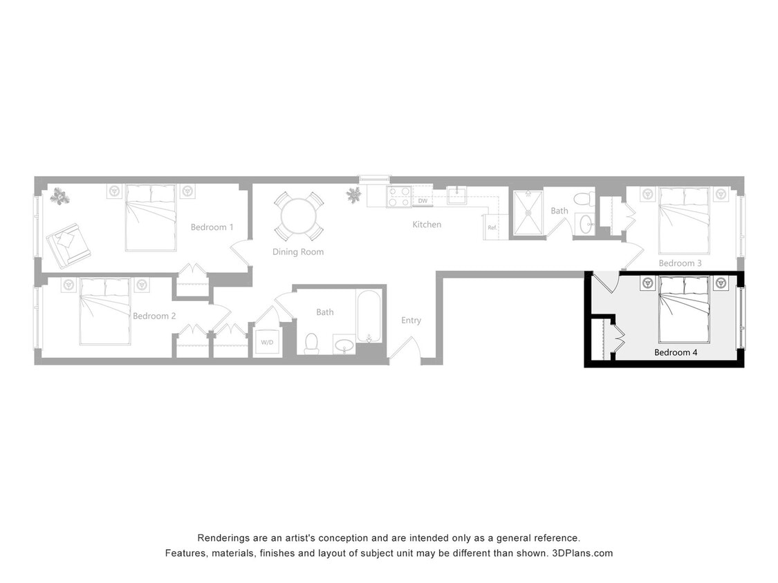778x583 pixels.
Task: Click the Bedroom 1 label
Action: click(212, 227)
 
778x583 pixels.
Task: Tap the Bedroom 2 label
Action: click(154, 316)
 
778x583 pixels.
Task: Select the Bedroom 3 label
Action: click(680, 263)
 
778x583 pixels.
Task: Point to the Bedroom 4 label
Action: click(676, 352)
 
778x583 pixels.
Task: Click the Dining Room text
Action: click(297, 252)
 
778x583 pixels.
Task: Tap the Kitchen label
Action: click(427, 224)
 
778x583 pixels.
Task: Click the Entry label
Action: click(411, 321)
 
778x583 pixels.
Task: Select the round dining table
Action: click(299, 216)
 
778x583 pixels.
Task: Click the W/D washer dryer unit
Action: click(267, 342)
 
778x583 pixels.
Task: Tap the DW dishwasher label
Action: click(423, 201)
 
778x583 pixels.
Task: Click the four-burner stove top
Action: click(399, 197)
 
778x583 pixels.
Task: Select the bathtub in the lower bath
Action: click(369, 316)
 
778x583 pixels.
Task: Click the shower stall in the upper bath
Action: click(528, 213)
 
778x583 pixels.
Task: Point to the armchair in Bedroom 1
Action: click(68, 243)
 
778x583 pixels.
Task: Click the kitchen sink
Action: click(457, 196)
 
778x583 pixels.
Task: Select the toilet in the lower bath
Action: click(311, 343)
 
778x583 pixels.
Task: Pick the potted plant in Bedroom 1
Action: click(59, 197)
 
